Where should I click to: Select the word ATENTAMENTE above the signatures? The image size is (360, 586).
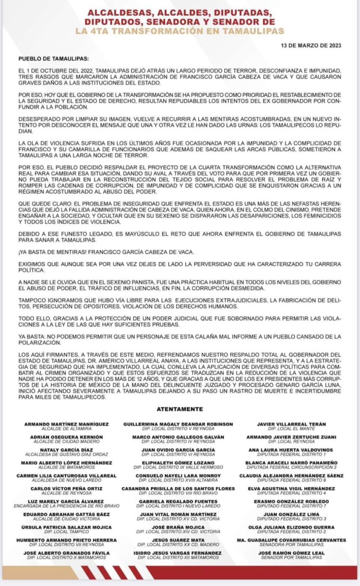[x=180, y=409]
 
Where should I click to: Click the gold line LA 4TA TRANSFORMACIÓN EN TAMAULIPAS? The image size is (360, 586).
[x=180, y=30]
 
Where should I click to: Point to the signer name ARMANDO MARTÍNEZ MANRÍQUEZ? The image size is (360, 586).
[x=67, y=424]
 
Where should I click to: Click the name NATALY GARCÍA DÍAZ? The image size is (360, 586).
[x=67, y=450]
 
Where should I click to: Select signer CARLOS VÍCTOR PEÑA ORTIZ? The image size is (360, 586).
[x=67, y=489]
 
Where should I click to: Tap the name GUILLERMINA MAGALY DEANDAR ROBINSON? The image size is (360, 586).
[x=178, y=424]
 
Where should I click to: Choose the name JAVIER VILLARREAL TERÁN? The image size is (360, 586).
[x=291, y=424]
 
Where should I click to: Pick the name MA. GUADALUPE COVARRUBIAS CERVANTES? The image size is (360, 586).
[x=291, y=540]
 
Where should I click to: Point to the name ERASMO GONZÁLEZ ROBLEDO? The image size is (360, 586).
[x=291, y=502]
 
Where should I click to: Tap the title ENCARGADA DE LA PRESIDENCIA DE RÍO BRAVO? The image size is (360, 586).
[x=67, y=506]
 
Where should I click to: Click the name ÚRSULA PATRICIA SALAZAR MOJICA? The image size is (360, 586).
[x=67, y=527]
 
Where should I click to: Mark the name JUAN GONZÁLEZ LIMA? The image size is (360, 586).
[x=291, y=514]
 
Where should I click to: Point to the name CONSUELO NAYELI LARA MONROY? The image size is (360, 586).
[x=178, y=476]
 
